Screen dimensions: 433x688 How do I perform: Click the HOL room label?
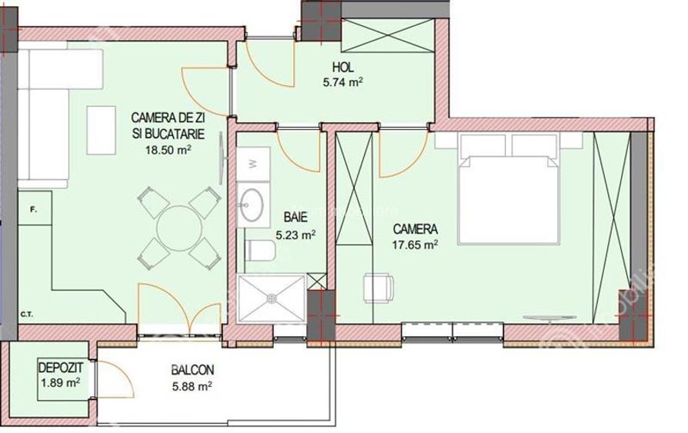[343, 67]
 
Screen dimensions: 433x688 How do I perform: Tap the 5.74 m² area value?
[343, 80]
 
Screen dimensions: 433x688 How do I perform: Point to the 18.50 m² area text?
[168, 151]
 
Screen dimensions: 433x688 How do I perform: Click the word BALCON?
[192, 370]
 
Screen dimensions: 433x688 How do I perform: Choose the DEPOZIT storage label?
[61, 368]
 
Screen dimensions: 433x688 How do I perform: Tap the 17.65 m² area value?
[416, 245]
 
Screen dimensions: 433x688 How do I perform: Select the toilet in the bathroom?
[261, 249]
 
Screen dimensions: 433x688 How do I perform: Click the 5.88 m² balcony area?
[192, 385]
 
